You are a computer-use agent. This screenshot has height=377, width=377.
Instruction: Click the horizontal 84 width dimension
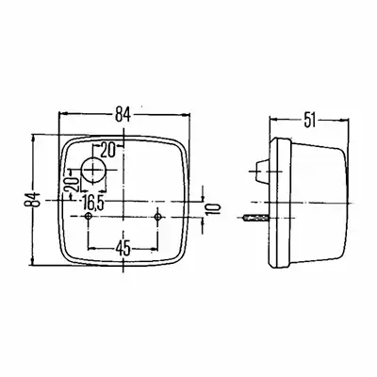123,114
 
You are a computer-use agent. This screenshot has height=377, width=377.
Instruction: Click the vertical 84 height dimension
33,199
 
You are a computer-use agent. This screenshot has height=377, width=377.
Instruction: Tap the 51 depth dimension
309,120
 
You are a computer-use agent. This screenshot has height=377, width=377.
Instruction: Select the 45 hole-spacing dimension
123,249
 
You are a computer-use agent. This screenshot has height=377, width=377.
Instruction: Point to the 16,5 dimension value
93,204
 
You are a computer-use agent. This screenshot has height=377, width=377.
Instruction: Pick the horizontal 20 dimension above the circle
107,150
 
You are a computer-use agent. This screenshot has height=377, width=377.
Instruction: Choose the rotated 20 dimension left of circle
71,185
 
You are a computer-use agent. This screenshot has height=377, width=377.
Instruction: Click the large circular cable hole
93,170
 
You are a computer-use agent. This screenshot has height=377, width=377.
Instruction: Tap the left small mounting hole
89,216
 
